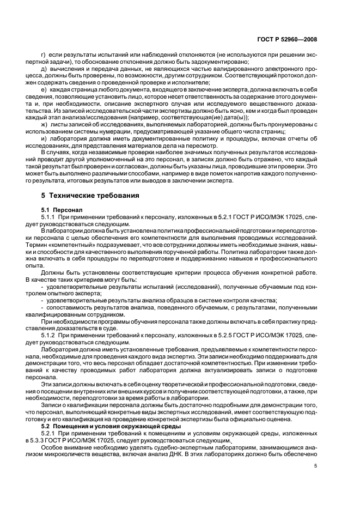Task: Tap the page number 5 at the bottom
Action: tap(315, 465)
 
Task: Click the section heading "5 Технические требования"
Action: tap(84, 195)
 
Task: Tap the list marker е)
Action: tap(44, 88)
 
